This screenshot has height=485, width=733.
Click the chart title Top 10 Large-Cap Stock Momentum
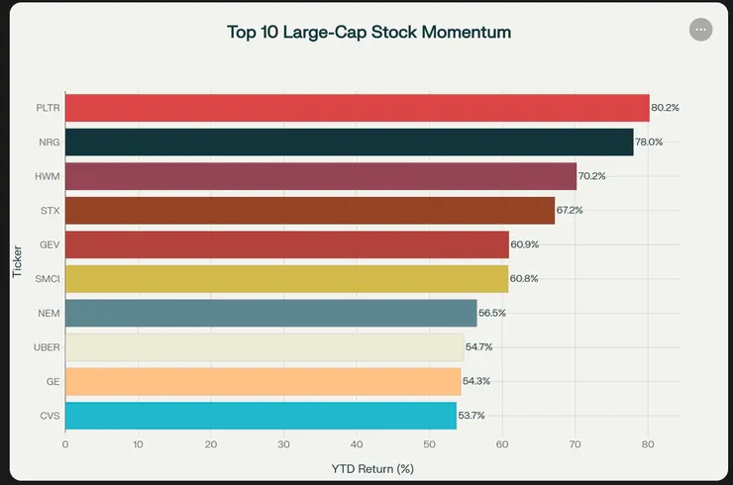(x=368, y=32)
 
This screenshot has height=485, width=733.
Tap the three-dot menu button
(x=700, y=30)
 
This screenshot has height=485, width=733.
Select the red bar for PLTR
(x=357, y=108)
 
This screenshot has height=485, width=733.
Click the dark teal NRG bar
(x=349, y=143)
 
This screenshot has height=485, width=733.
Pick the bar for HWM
(x=320, y=176)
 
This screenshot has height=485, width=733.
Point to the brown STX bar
(x=309, y=211)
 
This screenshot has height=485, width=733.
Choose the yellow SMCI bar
(x=286, y=279)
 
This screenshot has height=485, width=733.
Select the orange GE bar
(x=262, y=381)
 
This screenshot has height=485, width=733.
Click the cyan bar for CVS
(x=261, y=416)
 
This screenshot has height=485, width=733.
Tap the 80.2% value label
(x=665, y=108)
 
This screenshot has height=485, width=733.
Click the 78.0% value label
(x=649, y=143)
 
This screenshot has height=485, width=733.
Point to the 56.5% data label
(x=492, y=313)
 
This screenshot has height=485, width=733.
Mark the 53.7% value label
(x=471, y=416)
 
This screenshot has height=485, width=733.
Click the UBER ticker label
(x=48, y=347)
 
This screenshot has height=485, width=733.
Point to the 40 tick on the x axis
(x=357, y=444)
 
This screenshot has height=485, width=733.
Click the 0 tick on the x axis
(x=65, y=444)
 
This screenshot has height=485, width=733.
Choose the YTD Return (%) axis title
(x=371, y=467)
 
